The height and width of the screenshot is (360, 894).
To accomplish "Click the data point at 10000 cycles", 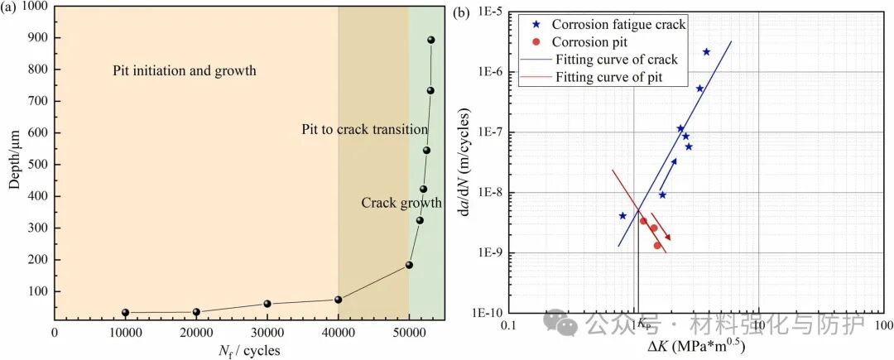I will [x=126, y=312].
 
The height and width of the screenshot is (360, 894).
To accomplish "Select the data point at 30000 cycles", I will [x=267, y=304].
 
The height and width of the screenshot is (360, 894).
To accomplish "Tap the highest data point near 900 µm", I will [x=430, y=40].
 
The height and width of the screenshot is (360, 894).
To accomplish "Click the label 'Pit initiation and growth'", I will [x=185, y=70].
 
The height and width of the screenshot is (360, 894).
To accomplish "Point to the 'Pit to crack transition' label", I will [x=364, y=129].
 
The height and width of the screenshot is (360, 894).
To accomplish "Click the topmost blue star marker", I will [x=706, y=51].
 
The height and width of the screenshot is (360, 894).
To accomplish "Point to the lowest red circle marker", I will [x=657, y=245].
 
